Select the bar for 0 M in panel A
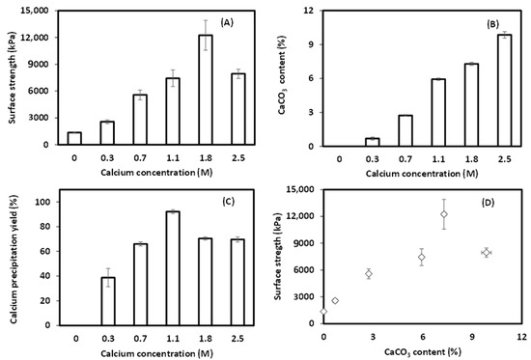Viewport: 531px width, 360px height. tap(74, 138)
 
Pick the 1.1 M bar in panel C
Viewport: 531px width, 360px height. tap(173, 267)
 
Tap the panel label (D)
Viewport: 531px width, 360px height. tap(491, 202)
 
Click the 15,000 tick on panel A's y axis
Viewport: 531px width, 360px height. tap(39, 11)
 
